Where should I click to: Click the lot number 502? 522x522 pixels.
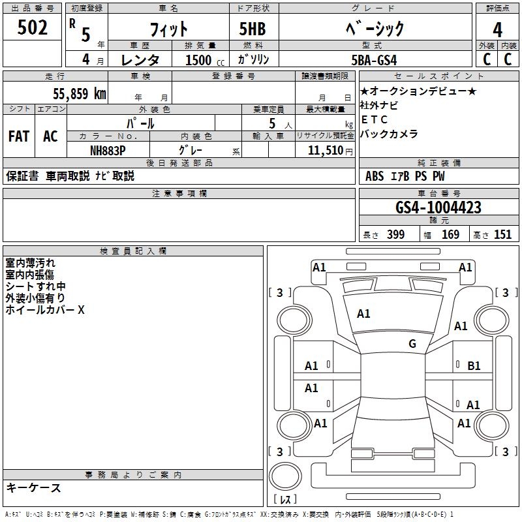(32, 27)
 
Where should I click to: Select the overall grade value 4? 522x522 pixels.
(497, 30)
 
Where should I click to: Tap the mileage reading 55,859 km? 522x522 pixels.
(80, 93)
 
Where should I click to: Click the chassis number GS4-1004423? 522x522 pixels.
(438, 207)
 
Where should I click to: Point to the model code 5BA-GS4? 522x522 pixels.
(374, 60)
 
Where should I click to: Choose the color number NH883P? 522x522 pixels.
(108, 151)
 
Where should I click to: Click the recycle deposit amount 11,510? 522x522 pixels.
(326, 151)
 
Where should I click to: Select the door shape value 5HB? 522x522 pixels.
(253, 29)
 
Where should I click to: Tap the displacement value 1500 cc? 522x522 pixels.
(205, 60)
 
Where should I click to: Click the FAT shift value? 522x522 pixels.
(19, 136)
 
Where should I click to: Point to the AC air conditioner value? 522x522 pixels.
(50, 136)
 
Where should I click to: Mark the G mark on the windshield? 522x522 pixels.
(412, 343)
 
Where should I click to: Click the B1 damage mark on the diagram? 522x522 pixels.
(474, 366)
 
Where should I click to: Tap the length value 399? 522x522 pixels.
(395, 235)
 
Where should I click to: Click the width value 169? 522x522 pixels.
(450, 235)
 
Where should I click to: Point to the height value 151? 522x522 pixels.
(502, 235)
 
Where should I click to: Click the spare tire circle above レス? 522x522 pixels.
(285, 476)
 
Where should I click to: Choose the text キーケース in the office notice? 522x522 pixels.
(34, 488)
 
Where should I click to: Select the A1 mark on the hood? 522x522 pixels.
(363, 314)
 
